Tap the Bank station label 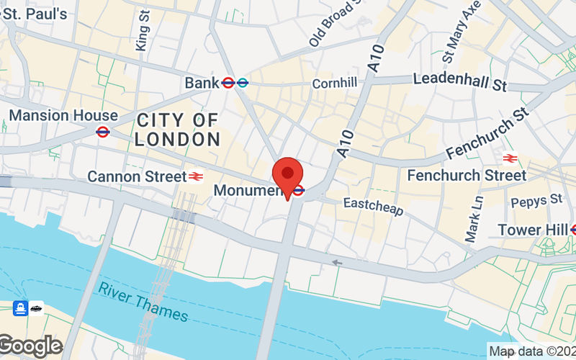coord(201,83)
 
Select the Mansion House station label coord(63,115)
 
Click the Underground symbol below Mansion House coord(102,132)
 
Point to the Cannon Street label coord(135,176)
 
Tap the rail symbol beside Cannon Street coord(195,176)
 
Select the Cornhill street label coord(334,84)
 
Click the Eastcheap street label coord(373,207)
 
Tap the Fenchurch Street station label coord(467,175)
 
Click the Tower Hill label coord(531,230)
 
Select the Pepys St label coord(536,199)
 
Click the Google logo coord(31,346)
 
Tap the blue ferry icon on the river coord(21,308)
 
